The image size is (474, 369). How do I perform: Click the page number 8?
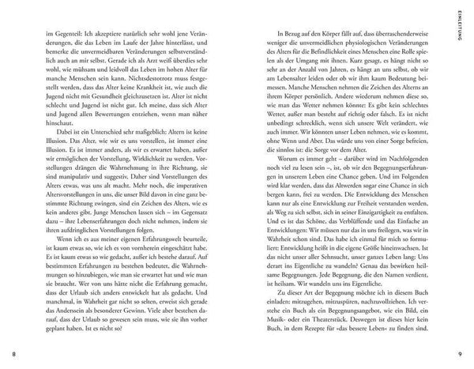coord(7,352)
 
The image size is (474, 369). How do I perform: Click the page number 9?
coord(466,352)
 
